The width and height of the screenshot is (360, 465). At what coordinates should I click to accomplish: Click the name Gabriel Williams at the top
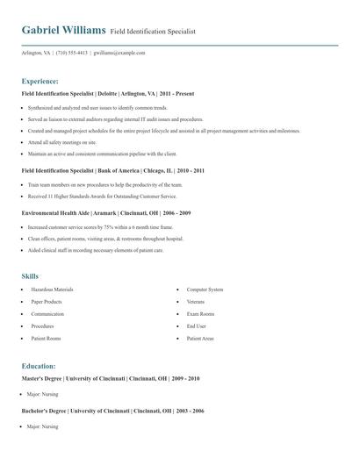coord(64,30)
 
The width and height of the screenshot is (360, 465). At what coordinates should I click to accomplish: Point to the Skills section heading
coord(30,275)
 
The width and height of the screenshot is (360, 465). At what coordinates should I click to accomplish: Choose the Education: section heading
coord(39,366)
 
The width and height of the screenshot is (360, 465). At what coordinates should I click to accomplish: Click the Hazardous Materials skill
coord(52,289)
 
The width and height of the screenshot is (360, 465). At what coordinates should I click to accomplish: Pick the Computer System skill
coord(205,289)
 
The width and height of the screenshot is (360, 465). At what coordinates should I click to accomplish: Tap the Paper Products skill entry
coord(47,301)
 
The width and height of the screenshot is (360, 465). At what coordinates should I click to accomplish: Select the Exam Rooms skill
coord(200,313)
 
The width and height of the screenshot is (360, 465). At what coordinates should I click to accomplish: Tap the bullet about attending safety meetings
coord(62,141)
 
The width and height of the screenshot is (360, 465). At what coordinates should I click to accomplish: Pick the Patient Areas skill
coord(200,338)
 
